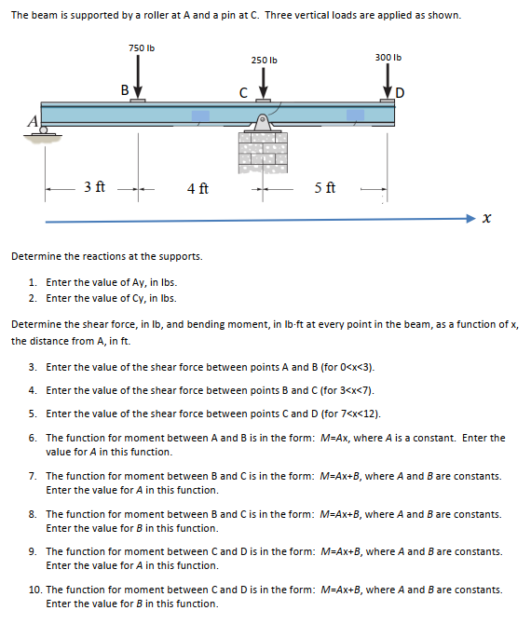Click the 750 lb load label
click(x=142, y=48)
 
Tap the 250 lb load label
click(x=265, y=61)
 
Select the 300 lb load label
click(x=388, y=58)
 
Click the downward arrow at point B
click(x=138, y=76)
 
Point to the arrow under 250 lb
click(x=263, y=83)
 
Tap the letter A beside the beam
click(x=33, y=120)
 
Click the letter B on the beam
click(x=125, y=90)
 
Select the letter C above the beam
click(x=243, y=93)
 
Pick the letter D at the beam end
click(x=400, y=93)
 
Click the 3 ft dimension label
click(x=94, y=186)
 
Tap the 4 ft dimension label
click(x=197, y=188)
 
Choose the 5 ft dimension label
click(x=325, y=187)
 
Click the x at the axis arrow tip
click(x=486, y=218)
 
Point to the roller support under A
click(x=43, y=131)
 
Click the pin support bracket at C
click(x=262, y=123)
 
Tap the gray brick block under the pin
click(x=263, y=153)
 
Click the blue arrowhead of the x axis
click(x=470, y=218)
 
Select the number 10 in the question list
click(x=34, y=590)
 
